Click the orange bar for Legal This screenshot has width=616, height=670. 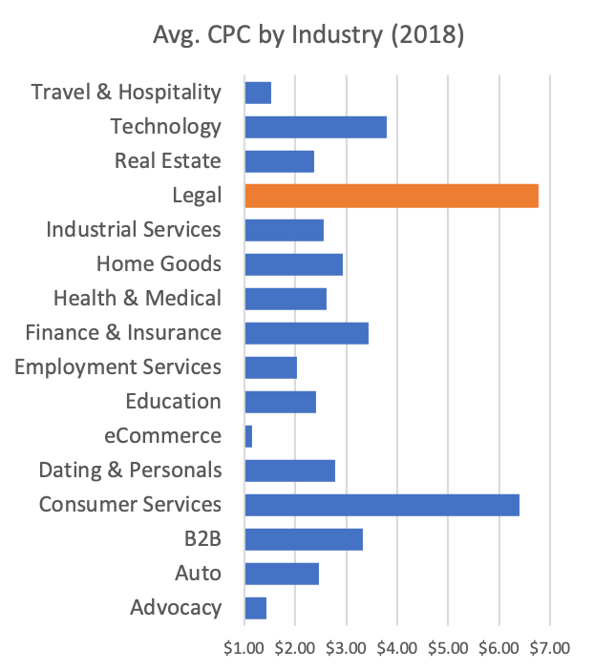pos(392,196)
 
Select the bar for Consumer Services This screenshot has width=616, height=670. pos(382,505)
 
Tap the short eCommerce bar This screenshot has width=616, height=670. pos(248,436)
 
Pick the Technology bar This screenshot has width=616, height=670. pos(315,127)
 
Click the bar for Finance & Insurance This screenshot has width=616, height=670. pos(307,333)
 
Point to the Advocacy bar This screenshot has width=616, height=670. pos(255,608)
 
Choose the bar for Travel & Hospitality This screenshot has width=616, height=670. pos(258,93)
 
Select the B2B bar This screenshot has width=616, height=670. pos(304,539)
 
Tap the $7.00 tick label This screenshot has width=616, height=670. pos(549,648)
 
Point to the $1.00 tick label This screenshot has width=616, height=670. pos(245,648)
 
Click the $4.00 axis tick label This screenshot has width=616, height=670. pos(397,648)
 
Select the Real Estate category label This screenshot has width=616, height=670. pos(167,161)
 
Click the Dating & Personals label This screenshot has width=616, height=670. pos(130,471)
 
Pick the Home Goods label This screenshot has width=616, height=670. pos(159,264)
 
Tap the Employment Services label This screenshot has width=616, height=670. pos(117,367)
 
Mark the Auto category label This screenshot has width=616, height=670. pos(198,574)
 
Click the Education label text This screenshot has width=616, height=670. pos(173,402)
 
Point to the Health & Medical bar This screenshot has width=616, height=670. pos(286,299)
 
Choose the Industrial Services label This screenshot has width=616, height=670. pos(134,230)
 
